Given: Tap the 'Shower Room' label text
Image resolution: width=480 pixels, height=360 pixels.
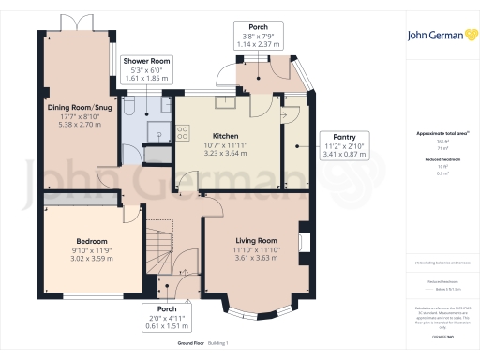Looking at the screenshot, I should [x=146, y=60].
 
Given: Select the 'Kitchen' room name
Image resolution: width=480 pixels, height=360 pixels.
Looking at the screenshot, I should [x=229, y=135].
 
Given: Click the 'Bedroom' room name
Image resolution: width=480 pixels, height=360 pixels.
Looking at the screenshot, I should [x=93, y=241].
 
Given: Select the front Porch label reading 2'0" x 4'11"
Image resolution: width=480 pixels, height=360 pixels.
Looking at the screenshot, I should [x=167, y=308].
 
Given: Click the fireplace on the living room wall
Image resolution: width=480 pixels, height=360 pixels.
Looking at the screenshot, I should [x=303, y=241].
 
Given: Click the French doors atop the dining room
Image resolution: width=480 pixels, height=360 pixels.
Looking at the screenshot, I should [x=70, y=25].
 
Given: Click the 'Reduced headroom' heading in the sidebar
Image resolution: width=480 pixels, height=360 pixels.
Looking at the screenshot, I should [x=442, y=160].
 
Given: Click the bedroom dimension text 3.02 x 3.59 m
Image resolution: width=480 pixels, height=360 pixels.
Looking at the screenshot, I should [x=93, y=259].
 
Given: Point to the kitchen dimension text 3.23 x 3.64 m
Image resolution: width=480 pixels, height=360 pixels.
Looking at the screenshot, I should [x=229, y=155].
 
